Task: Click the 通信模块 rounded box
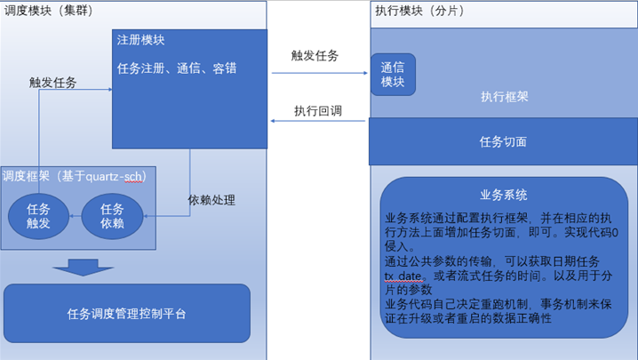tap(393, 75)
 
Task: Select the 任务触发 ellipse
tap(39, 216)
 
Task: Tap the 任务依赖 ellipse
tap(112, 216)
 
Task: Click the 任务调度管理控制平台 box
tap(127, 313)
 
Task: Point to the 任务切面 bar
tap(503, 141)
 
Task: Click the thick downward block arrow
tap(83, 268)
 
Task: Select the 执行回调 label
tap(318, 111)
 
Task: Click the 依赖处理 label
tap(211, 200)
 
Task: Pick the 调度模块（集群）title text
tap(49, 10)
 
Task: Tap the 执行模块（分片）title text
tap(419, 11)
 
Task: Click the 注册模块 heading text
tap(140, 40)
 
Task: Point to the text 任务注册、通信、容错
tap(177, 68)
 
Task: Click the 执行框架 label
tap(505, 97)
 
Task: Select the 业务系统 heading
tap(504, 195)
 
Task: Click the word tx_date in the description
tap(403, 276)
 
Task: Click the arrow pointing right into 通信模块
tap(320, 73)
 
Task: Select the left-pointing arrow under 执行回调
tap(318, 121)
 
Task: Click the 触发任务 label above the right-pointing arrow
tap(315, 55)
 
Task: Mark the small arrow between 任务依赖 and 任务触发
tap(76, 216)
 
